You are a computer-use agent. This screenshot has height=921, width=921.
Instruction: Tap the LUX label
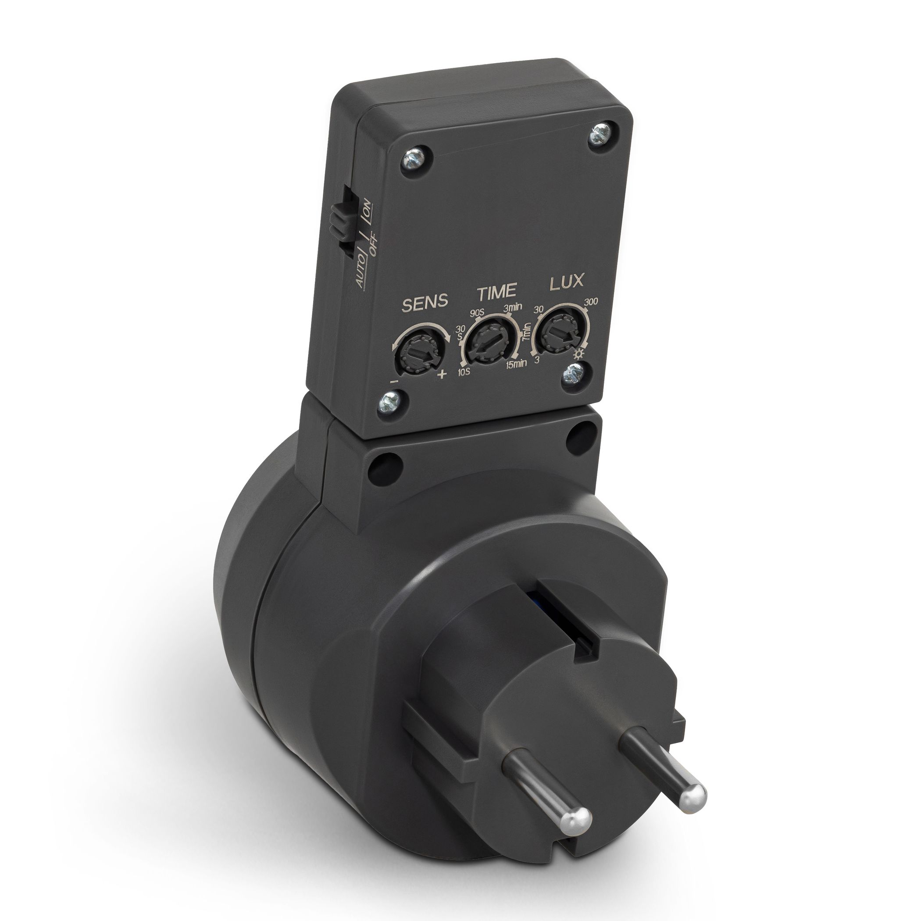pyautogui.click(x=566, y=281)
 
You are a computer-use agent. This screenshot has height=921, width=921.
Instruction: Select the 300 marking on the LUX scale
pyautogui.click(x=590, y=301)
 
